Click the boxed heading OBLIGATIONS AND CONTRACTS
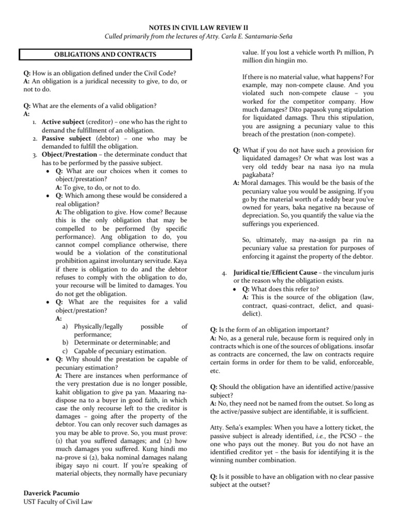coord(105,55)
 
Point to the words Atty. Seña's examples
coord(244,427)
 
